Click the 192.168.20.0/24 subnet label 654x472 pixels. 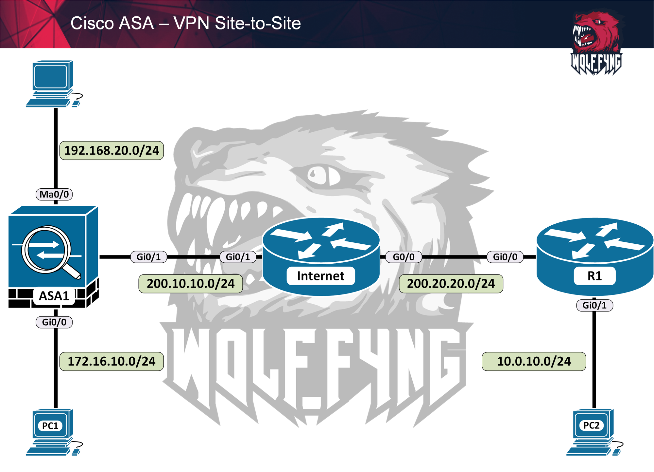(112, 151)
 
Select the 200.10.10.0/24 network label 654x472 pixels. (191, 284)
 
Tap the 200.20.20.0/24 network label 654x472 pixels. (451, 284)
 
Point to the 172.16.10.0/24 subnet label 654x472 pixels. (112, 361)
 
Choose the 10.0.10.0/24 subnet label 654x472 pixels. (534, 361)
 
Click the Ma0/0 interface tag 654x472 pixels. (54, 195)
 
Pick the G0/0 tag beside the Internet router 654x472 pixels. (404, 257)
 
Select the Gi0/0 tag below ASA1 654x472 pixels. (54, 322)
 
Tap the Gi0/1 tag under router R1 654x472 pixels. (594, 305)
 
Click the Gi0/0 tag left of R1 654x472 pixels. (505, 257)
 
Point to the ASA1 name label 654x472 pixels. (54, 296)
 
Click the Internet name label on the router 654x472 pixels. (320, 276)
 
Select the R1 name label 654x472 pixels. (594, 276)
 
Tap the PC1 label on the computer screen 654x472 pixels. (50, 426)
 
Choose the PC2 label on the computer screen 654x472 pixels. (591, 425)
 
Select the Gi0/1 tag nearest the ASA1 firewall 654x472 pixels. (149, 257)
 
